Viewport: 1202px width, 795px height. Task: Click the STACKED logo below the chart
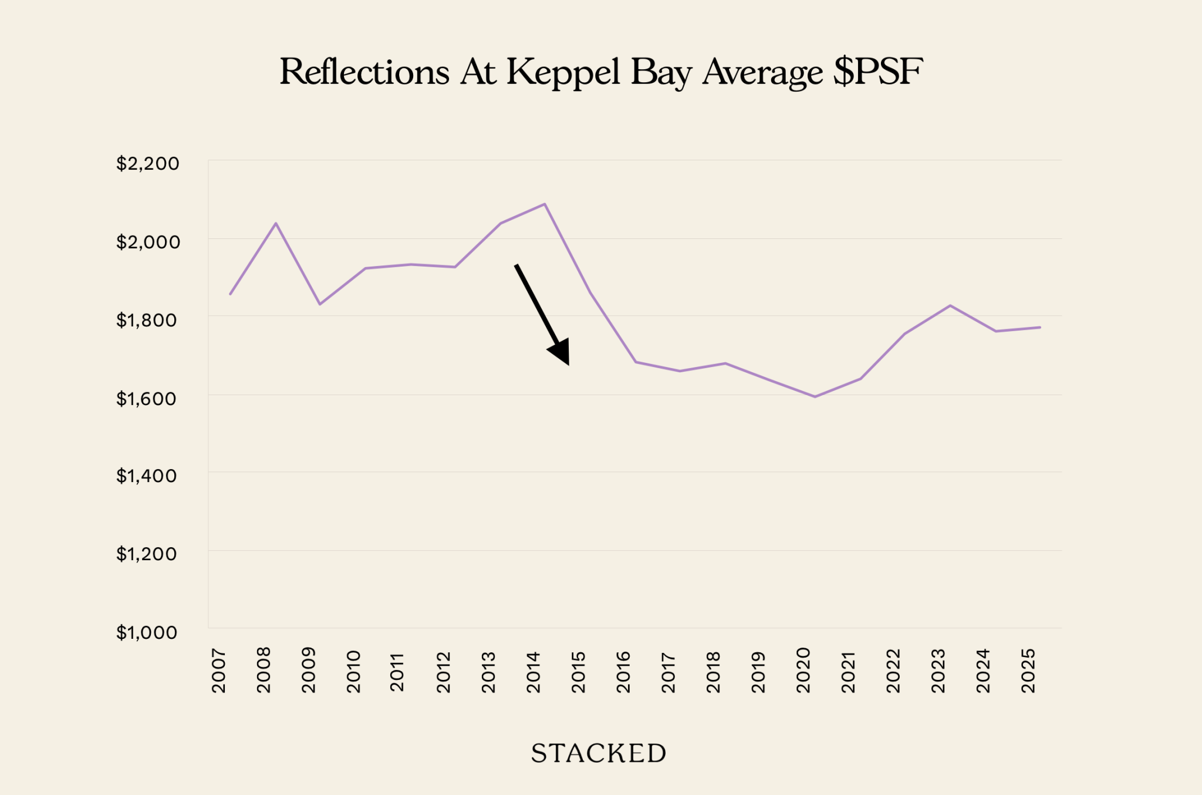pyautogui.click(x=599, y=753)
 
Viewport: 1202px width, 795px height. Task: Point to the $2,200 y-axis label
pyautogui.click(x=147, y=163)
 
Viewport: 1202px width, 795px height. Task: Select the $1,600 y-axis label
pyautogui.click(x=146, y=399)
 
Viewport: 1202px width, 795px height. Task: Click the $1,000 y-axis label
pyautogui.click(x=146, y=632)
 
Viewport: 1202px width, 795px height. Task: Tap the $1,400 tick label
pyautogui.click(x=146, y=476)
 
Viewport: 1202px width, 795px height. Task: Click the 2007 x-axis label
pyautogui.click(x=218, y=671)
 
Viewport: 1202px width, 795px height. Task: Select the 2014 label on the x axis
pyautogui.click(x=533, y=671)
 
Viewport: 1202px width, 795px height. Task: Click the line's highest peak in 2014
pyautogui.click(x=545, y=204)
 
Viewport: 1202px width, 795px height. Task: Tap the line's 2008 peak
pyautogui.click(x=276, y=223)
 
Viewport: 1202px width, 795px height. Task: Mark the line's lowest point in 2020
pyautogui.click(x=815, y=397)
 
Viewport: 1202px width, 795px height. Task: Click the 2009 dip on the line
pyautogui.click(x=320, y=304)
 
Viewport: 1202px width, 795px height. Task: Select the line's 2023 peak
pyautogui.click(x=950, y=305)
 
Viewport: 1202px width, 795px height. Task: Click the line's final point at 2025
pyautogui.click(x=1040, y=327)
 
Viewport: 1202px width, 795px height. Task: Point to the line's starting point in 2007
pyautogui.click(x=230, y=294)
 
